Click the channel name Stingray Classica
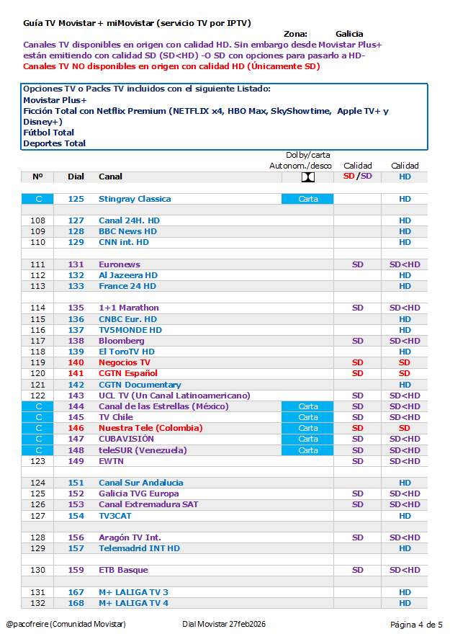point(135,199)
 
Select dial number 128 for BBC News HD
point(76,231)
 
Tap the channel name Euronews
point(120,264)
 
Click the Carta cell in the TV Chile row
point(307,417)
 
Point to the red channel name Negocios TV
point(125,362)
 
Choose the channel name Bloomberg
point(122,341)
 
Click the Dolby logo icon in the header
point(307,177)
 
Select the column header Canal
point(110,177)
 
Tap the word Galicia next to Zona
point(349,34)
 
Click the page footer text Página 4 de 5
point(416,624)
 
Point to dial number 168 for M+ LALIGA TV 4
point(76,603)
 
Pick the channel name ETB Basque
point(123,570)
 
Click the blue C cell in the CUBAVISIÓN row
point(38,439)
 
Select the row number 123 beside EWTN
point(38,461)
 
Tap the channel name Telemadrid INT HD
point(139,548)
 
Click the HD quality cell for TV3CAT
point(405,516)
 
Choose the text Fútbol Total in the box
point(49,133)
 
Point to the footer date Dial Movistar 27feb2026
point(224,624)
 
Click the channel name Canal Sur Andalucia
point(141,483)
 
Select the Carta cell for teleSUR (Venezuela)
point(307,450)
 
